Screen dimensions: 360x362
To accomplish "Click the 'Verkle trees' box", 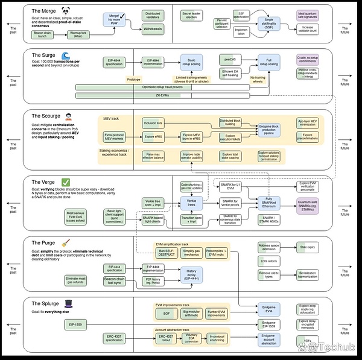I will click(192, 204).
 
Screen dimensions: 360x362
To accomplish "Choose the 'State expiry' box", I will click(308, 247).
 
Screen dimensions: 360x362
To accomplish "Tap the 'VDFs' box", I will click(308, 341).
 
